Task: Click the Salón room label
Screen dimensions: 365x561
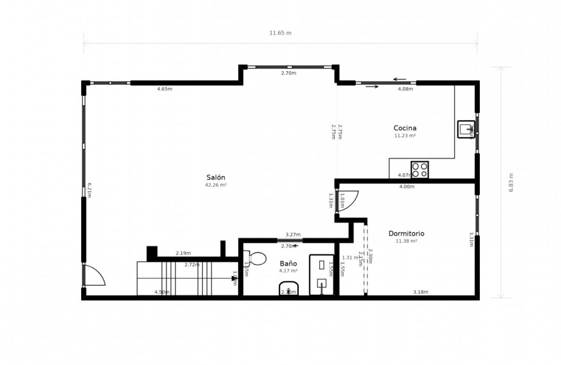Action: (x=215, y=178)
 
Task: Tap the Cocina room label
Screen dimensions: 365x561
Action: (x=405, y=128)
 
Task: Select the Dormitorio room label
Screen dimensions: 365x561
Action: (x=406, y=233)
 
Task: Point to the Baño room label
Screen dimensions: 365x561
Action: (x=288, y=263)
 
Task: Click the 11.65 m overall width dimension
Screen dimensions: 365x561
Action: (x=280, y=33)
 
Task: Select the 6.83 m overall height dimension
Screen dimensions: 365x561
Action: (x=511, y=182)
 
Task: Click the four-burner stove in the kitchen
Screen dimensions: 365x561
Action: (x=419, y=170)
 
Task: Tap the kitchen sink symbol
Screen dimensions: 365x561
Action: (x=466, y=129)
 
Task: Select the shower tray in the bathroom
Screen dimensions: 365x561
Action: (x=321, y=274)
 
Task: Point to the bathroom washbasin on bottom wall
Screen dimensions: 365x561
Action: (x=289, y=289)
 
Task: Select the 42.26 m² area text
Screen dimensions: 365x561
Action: (x=215, y=185)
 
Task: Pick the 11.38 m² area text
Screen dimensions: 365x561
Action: (x=406, y=241)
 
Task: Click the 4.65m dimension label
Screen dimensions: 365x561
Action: (x=164, y=89)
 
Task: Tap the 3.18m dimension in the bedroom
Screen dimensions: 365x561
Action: (x=421, y=292)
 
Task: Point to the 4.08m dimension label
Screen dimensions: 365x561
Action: (x=405, y=89)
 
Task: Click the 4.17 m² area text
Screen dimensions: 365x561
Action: (x=288, y=271)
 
